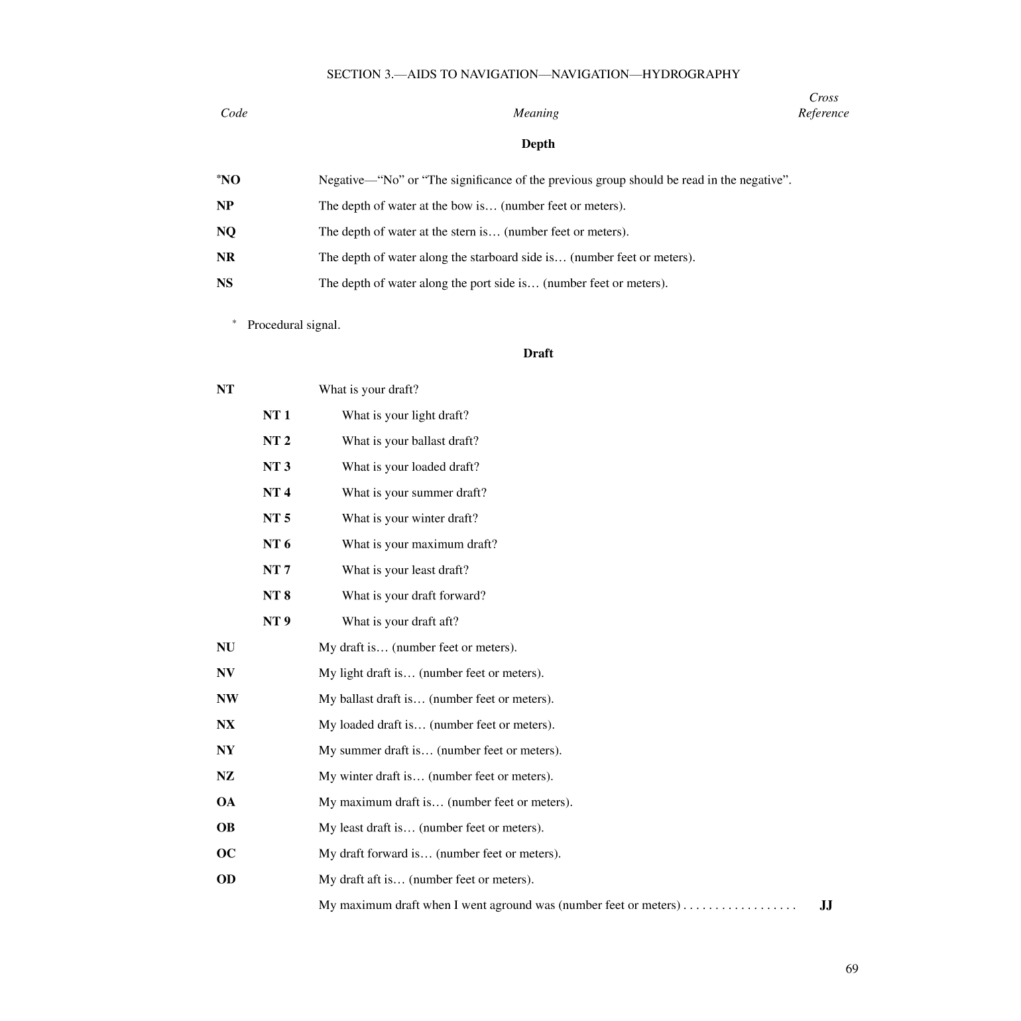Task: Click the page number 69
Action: pyautogui.click(x=851, y=969)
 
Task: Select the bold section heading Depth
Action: pyautogui.click(x=538, y=144)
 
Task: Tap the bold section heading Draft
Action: pyautogui.click(x=538, y=353)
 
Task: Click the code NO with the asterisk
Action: pyautogui.click(x=229, y=180)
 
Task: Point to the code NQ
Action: pyautogui.click(x=226, y=231)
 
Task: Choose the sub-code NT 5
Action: pyautogui.click(x=276, y=518)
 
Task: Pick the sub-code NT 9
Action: pyautogui.click(x=276, y=621)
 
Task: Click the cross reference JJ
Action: pyautogui.click(x=826, y=905)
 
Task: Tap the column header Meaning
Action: pyautogui.click(x=536, y=113)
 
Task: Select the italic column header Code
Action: pyautogui.click(x=234, y=113)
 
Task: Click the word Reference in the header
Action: pyautogui.click(x=823, y=113)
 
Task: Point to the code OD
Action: pyautogui.click(x=226, y=879)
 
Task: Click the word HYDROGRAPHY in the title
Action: pyautogui.click(x=691, y=74)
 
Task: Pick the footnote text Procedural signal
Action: pyautogui.click(x=294, y=325)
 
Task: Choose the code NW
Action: pyautogui.click(x=227, y=699)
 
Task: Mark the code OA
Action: pyautogui.click(x=226, y=802)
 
